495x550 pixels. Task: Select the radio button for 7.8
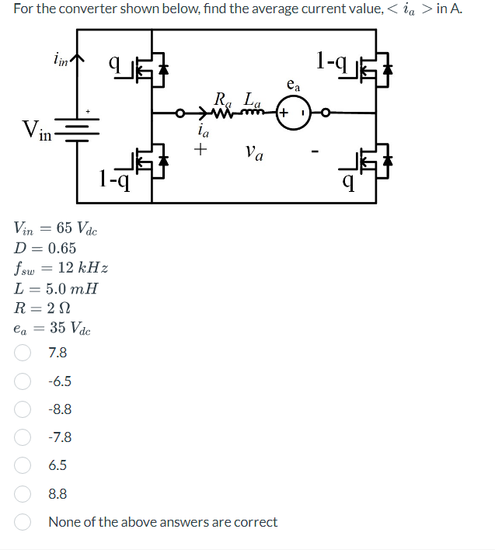tap(23, 353)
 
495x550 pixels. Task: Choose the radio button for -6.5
tap(23, 381)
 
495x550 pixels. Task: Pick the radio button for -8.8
tap(23, 409)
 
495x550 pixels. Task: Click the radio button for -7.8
tap(23, 437)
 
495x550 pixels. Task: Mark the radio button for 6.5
tap(23, 465)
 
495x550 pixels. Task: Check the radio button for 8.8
tap(23, 494)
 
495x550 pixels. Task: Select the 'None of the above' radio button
tap(23, 522)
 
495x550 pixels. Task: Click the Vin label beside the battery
tap(37, 129)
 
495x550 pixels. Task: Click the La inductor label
tap(252, 99)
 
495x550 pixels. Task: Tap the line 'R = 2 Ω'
tap(44, 308)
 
